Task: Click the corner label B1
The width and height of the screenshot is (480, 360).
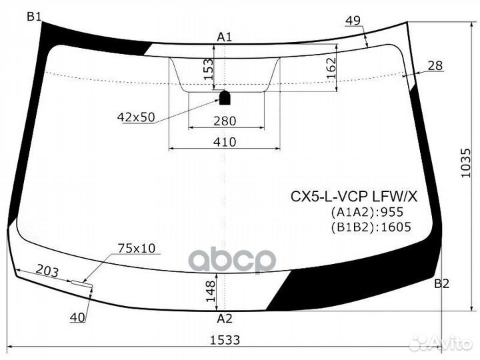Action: (x=35, y=17)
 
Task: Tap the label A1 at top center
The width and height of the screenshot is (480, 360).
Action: (x=225, y=37)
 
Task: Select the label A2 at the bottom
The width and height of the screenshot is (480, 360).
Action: (x=225, y=318)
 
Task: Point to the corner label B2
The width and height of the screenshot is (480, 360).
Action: (x=441, y=284)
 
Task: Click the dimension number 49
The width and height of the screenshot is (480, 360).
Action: (x=353, y=21)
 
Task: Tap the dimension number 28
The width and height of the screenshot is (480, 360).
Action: (x=435, y=65)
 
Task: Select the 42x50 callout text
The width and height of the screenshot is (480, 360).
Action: (x=135, y=117)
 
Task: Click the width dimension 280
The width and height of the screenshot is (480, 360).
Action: (x=225, y=121)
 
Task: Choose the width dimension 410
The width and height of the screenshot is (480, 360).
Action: (x=225, y=142)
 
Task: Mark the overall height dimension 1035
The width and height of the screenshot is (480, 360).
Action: (x=466, y=161)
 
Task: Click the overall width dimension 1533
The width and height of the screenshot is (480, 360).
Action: (x=224, y=340)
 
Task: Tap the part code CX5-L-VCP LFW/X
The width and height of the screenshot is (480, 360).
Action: (x=353, y=197)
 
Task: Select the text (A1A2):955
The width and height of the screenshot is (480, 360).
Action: (x=367, y=213)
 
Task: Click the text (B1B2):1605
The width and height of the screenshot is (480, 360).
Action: (x=370, y=227)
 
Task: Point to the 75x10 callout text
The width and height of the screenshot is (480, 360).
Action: (x=136, y=249)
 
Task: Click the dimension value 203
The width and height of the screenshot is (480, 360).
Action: (x=47, y=272)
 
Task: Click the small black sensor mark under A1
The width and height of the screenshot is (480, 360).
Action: (x=225, y=98)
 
